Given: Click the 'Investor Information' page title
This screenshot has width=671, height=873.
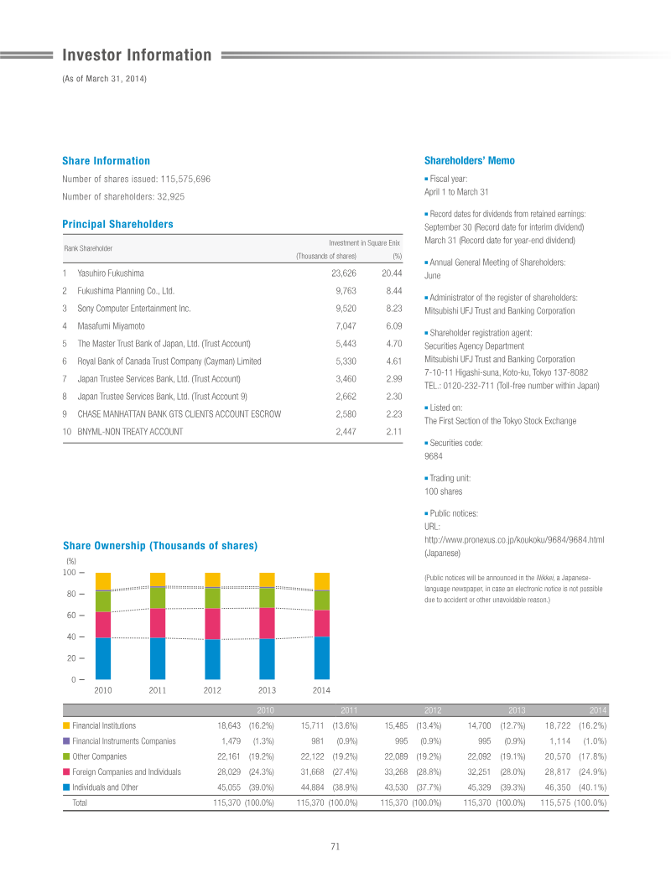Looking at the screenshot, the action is pyautogui.click(x=137, y=55).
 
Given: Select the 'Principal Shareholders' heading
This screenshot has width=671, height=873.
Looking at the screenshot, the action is pyautogui.click(x=117, y=225).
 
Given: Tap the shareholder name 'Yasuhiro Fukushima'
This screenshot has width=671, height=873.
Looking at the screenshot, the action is pyautogui.click(x=110, y=273).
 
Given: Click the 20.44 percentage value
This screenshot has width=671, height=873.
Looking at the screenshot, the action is pyautogui.click(x=392, y=273).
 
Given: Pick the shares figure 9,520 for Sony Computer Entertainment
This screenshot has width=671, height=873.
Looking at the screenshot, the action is pyautogui.click(x=346, y=309).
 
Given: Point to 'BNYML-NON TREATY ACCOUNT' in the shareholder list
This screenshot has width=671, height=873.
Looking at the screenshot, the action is pyautogui.click(x=130, y=432).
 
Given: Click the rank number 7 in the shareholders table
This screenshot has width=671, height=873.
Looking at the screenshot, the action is pyautogui.click(x=65, y=379).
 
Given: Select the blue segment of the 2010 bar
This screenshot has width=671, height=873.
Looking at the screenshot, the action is pyautogui.click(x=103, y=658).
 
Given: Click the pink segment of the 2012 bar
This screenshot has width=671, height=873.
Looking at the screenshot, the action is pyautogui.click(x=212, y=624).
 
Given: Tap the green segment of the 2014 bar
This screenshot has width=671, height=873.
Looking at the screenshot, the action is pyautogui.click(x=322, y=600).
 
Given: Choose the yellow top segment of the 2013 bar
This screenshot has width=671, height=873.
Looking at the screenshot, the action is pyautogui.click(x=267, y=579).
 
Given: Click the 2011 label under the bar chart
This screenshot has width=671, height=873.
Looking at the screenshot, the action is pyautogui.click(x=158, y=690).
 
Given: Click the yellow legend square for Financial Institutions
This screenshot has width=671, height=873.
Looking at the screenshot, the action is pyautogui.click(x=66, y=726).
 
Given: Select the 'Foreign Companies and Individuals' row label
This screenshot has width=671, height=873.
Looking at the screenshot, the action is pyautogui.click(x=127, y=772).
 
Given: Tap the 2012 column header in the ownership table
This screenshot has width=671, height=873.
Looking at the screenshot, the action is pyautogui.click(x=433, y=710).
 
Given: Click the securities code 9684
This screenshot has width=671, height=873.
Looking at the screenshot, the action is pyautogui.click(x=434, y=456).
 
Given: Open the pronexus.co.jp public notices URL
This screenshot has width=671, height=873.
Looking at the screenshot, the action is pyautogui.click(x=514, y=540).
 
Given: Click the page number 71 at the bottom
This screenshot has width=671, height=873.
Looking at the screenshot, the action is pyautogui.click(x=335, y=846).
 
